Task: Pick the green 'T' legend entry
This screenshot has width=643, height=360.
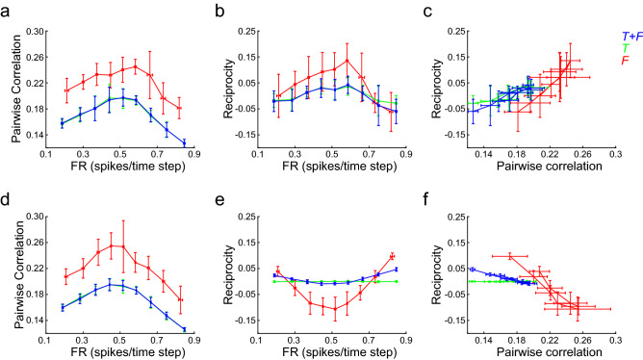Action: pyautogui.click(x=627, y=47)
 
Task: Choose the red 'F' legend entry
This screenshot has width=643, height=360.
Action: pyautogui.click(x=627, y=61)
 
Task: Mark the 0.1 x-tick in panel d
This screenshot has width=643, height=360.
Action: pyautogui.click(x=44, y=340)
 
